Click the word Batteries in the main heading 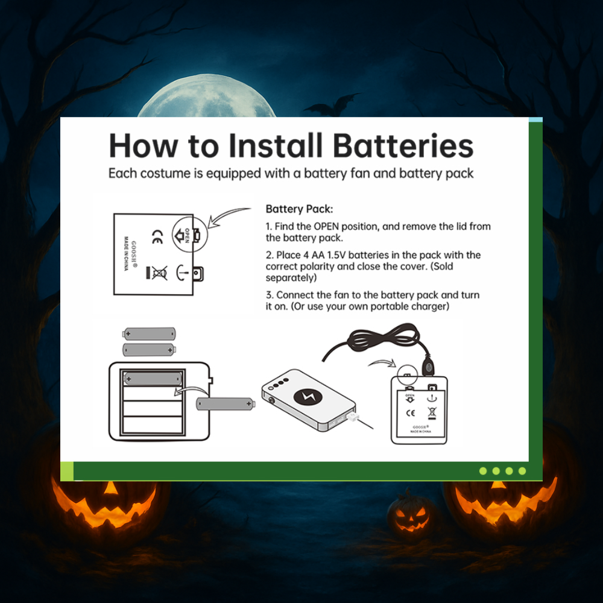pos(403,145)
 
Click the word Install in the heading pos(276,145)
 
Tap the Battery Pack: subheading pos(299,209)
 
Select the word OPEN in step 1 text pos(326,226)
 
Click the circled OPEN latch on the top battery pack pos(189,235)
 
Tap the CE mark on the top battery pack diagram pos(157,237)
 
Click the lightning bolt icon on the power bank pos(308,397)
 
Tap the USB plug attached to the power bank pos(353,417)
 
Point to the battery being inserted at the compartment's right pos(226,404)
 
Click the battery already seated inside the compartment pos(153,379)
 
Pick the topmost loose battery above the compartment pos(149,334)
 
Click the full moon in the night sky pos(206,95)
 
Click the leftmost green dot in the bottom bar pos(483,471)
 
